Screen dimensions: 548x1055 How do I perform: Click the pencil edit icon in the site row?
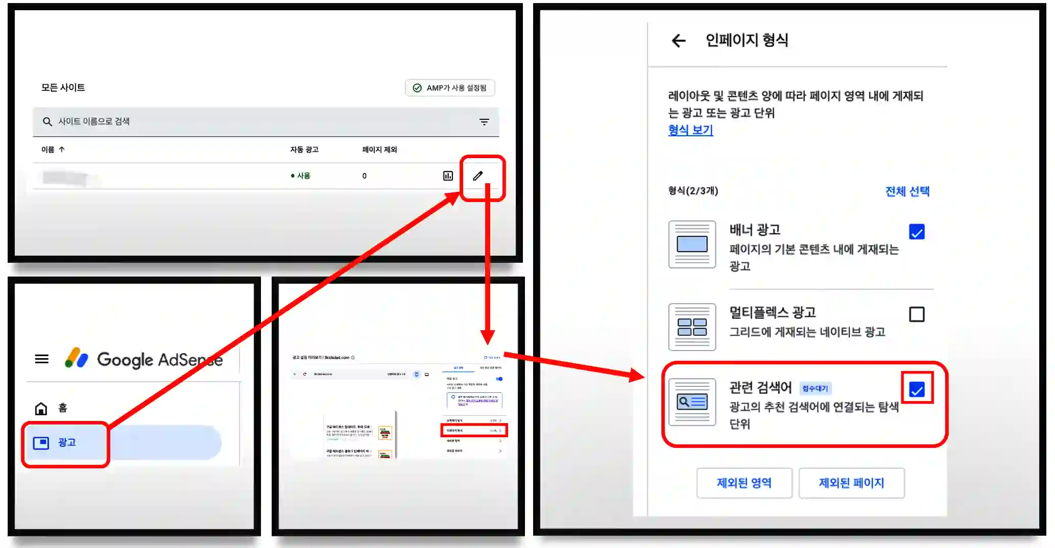click(477, 176)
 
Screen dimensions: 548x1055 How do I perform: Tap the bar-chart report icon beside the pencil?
click(448, 176)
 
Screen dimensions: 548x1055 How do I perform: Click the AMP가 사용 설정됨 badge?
click(450, 88)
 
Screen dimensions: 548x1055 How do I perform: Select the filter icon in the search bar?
click(484, 121)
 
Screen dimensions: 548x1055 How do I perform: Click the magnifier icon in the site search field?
click(47, 121)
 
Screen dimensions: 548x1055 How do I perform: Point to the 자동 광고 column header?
click(304, 150)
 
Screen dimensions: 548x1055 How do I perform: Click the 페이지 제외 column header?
click(379, 150)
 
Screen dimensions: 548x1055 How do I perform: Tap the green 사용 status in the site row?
click(301, 176)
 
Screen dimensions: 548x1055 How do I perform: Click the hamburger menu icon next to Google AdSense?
click(42, 359)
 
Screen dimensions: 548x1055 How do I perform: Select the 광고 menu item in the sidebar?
click(65, 442)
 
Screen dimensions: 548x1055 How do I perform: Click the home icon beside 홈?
click(41, 408)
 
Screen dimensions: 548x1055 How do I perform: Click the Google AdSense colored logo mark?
click(77, 358)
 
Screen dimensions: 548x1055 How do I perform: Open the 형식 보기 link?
click(690, 130)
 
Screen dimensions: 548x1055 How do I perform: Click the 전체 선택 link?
click(907, 191)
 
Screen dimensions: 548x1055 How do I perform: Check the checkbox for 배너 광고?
click(917, 232)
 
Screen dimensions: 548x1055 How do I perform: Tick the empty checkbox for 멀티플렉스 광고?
click(917, 314)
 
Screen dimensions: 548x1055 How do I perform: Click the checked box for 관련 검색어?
click(917, 390)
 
